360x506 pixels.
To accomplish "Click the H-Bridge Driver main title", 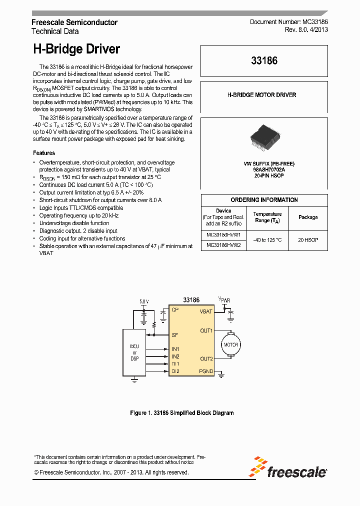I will coord(76,49).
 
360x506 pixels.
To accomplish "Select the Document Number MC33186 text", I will coord(288,22).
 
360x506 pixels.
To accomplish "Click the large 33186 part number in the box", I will coord(264,61).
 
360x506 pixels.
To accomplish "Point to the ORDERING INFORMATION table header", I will coord(264,200).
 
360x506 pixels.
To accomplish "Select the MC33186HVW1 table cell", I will coord(223,234).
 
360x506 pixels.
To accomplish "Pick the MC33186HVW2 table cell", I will coord(223,245).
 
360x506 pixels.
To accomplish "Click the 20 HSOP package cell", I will coord(308,240).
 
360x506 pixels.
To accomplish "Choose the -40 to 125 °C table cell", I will coord(267,240).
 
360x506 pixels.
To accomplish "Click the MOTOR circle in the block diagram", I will coord(230,344).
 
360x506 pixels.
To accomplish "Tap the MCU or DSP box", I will coord(134,352).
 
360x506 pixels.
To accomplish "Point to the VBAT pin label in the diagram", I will coord(206,311).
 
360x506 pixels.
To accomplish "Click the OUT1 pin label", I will coord(206,330).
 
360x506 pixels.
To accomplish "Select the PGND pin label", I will coord(206,371).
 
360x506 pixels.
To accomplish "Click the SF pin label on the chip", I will coord(174,334).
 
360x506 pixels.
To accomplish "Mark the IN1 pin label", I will coord(175,348).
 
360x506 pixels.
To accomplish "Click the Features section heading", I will coord(44,153).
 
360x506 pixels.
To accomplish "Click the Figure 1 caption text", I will coord(181,413).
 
